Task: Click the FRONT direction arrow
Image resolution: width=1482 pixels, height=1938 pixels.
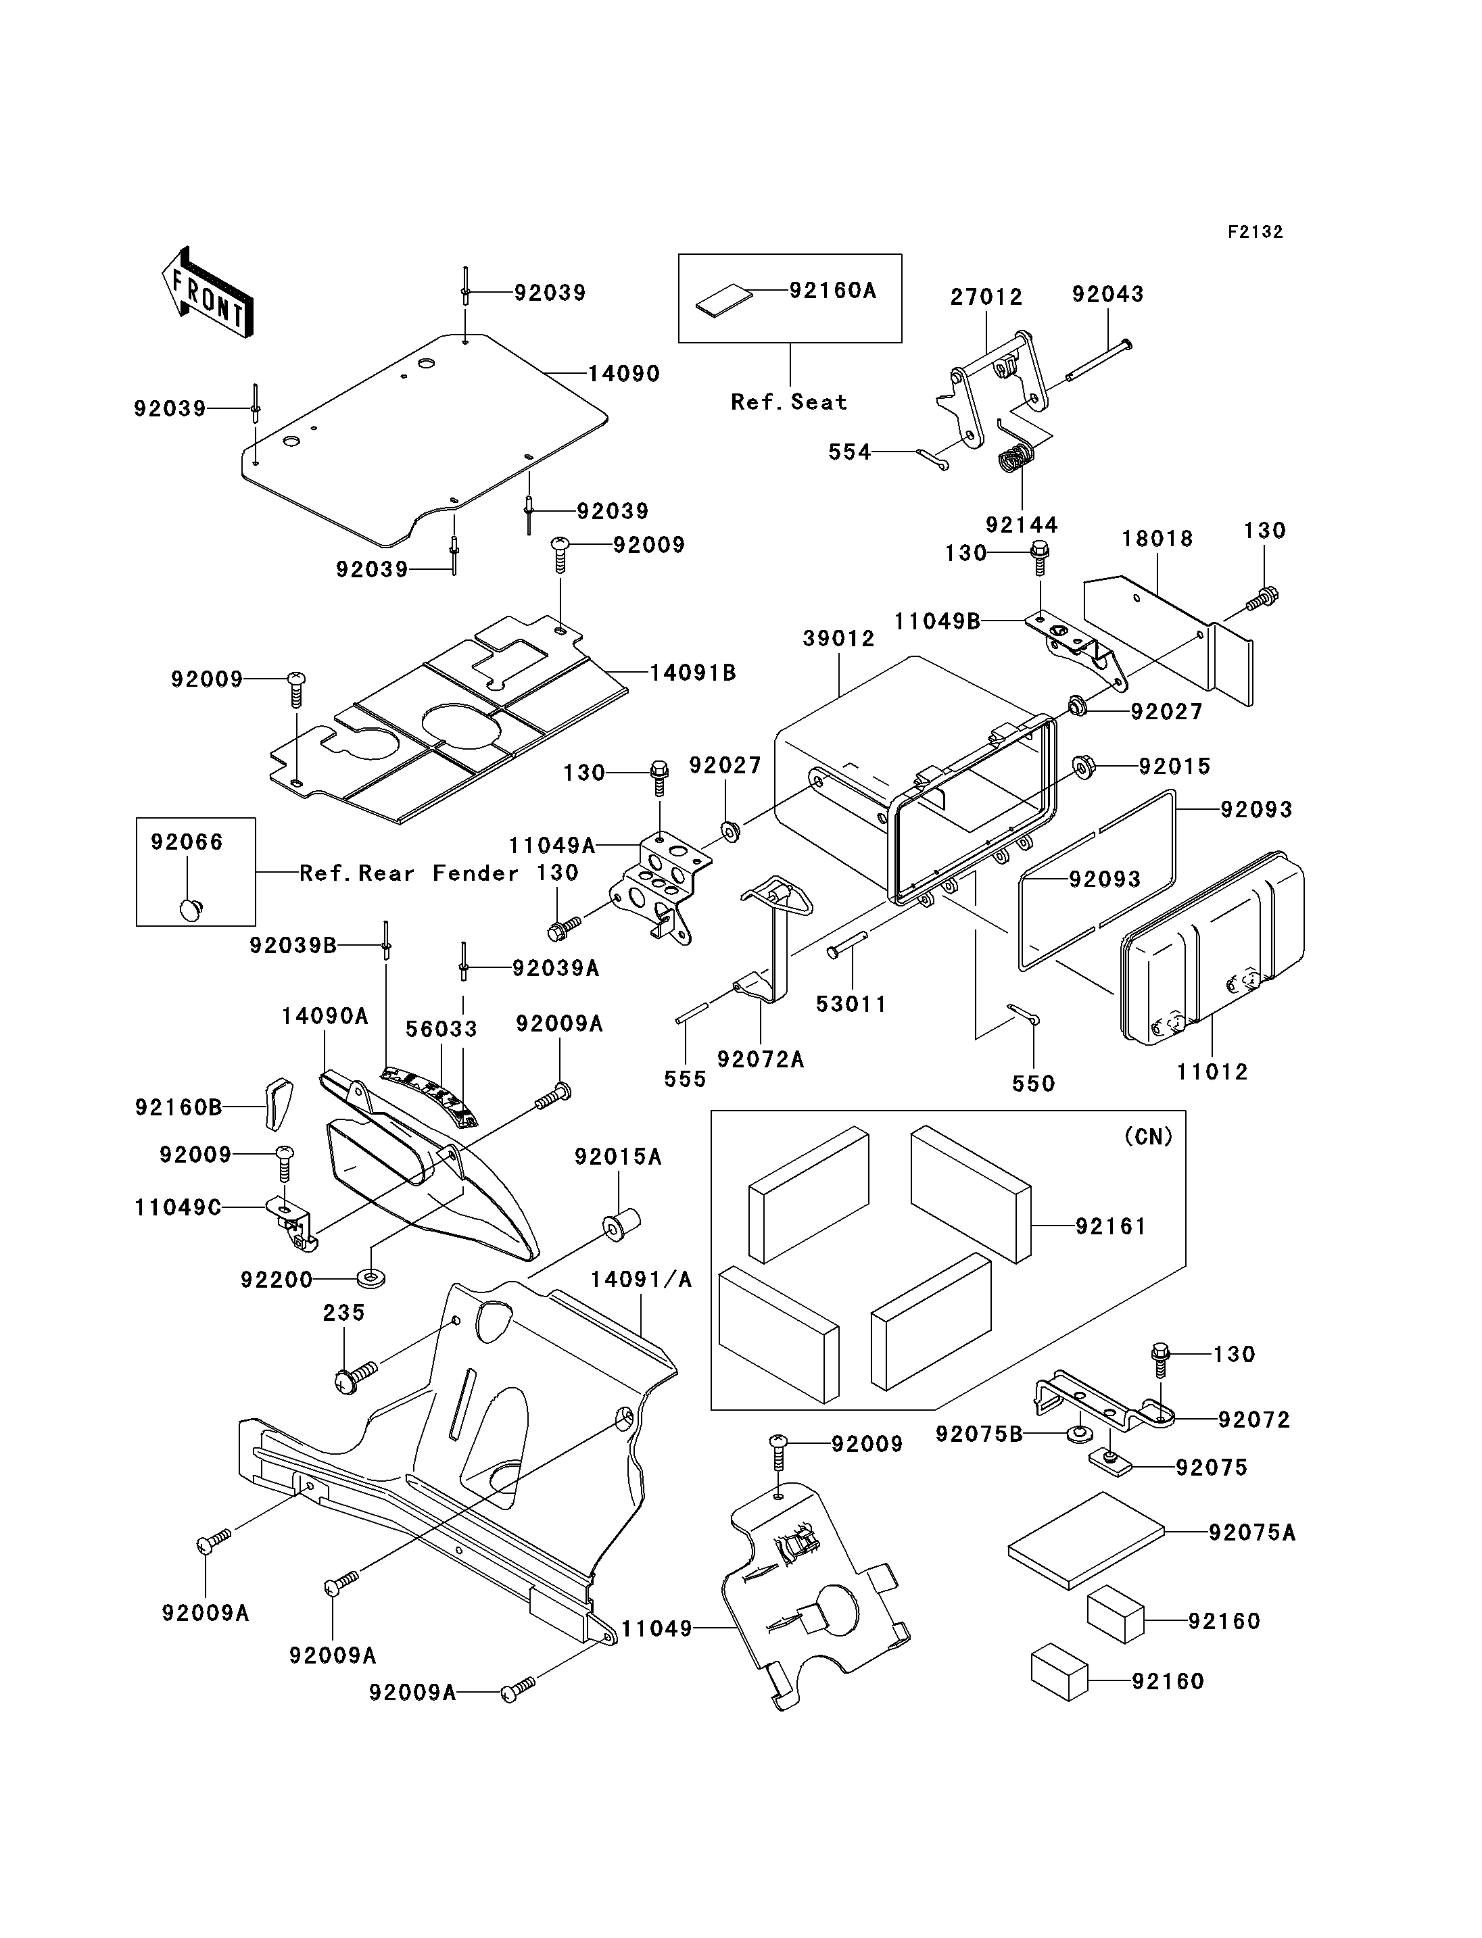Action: coord(208,292)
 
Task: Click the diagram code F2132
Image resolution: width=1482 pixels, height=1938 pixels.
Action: coord(1256,232)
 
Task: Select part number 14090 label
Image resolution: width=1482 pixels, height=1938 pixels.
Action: coord(623,373)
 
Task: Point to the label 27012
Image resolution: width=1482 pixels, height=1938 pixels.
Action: coord(986,297)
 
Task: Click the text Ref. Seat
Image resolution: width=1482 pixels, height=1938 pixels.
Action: coord(788,402)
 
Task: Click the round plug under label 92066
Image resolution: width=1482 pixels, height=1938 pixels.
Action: coord(191,907)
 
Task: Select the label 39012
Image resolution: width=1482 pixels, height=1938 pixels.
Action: coord(838,639)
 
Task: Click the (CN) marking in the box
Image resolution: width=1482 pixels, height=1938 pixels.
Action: coord(1149,1137)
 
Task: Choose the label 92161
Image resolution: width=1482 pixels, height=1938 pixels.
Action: coord(1111,1226)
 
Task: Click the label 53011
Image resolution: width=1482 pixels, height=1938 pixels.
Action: coord(851,1004)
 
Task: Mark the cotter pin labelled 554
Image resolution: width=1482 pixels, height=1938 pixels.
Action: coord(932,459)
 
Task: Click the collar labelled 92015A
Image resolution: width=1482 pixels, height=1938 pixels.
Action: coord(621,1226)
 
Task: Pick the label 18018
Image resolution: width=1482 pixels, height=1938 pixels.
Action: coord(1157,539)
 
